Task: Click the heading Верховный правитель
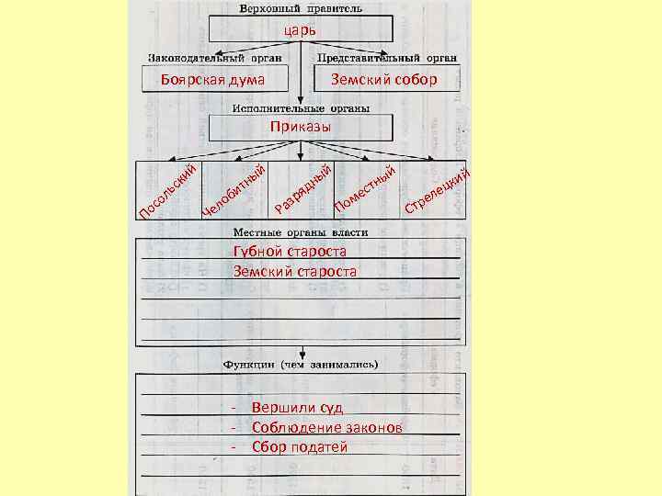click(x=301, y=8)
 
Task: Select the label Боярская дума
click(x=212, y=81)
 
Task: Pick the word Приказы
click(x=301, y=126)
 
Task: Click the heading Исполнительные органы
click(x=301, y=107)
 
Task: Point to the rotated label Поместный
click(x=366, y=188)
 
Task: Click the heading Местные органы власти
click(x=301, y=232)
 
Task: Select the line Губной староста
click(x=290, y=252)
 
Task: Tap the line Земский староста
click(x=294, y=271)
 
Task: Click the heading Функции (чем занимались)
click(x=301, y=364)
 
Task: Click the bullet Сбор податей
click(x=300, y=446)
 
